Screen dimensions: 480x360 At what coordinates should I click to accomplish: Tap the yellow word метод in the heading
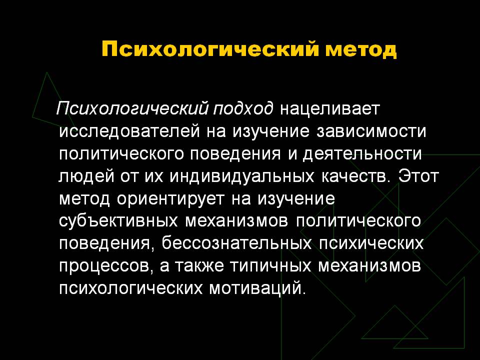coord(361,49)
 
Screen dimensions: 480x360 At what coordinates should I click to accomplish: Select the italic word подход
coord(242,108)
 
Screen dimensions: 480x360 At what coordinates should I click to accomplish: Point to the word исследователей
coord(129,131)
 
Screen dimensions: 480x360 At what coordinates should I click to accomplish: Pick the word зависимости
coord(371,131)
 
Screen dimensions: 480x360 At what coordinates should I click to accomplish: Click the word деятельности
coord(362,154)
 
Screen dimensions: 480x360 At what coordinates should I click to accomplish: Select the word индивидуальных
coord(242,176)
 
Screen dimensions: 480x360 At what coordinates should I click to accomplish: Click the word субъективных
coord(118,221)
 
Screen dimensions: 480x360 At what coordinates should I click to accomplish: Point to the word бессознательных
coord(236,244)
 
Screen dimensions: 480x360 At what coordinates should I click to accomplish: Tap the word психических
coord(371,244)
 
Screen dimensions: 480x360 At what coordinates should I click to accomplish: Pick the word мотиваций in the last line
coord(257,288)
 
